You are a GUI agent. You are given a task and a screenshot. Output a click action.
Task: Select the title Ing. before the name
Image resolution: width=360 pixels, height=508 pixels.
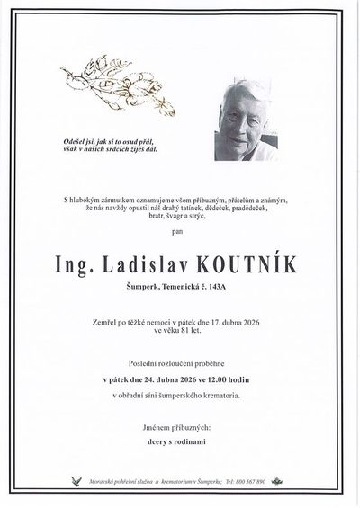pyautogui.click(x=84, y=266)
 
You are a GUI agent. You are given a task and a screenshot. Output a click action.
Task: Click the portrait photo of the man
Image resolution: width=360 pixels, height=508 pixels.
pyautogui.click(x=244, y=120)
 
